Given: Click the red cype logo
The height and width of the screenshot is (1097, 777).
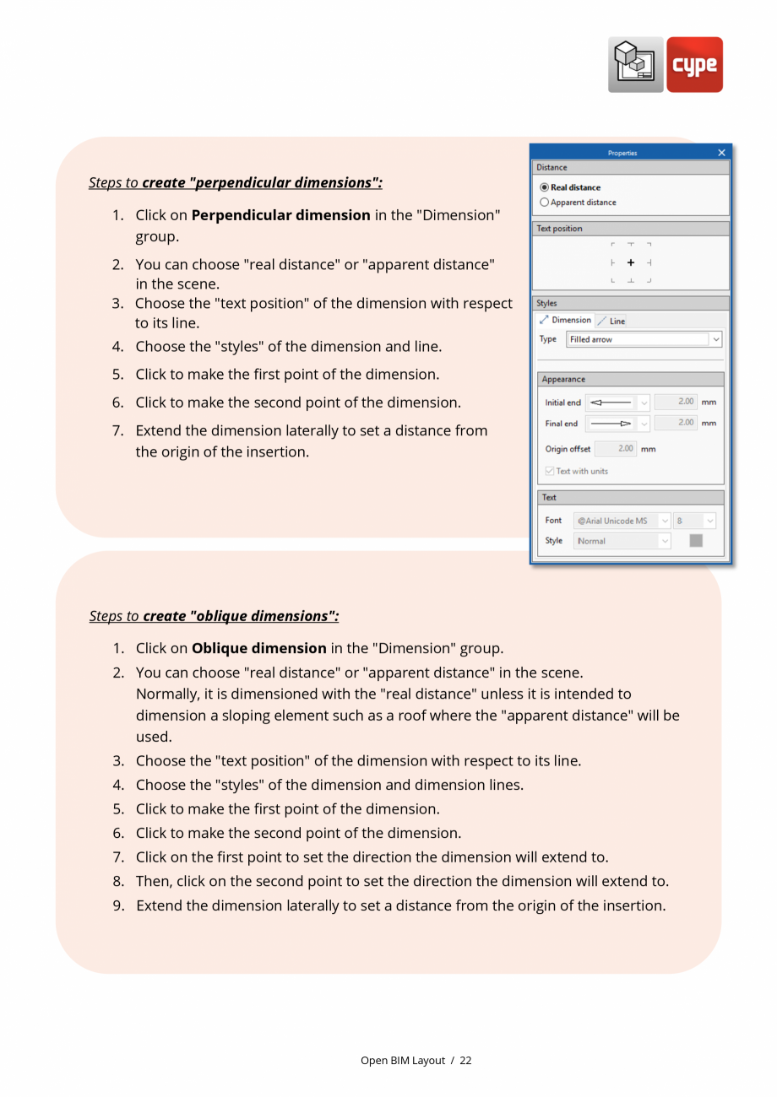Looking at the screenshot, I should (x=694, y=65).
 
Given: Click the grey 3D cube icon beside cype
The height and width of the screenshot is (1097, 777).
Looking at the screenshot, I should (x=635, y=65).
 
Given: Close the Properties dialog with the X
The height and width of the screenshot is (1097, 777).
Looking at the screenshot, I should (x=721, y=153).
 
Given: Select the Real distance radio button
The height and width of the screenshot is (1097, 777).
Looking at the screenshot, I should (x=544, y=187).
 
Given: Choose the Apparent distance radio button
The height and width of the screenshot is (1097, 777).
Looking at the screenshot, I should (x=544, y=203).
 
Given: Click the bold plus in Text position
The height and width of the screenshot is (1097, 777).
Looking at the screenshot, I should (x=631, y=263).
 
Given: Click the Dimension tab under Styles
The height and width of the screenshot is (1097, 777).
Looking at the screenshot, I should (x=566, y=321).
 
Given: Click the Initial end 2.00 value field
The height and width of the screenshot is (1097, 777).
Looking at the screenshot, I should (x=676, y=403).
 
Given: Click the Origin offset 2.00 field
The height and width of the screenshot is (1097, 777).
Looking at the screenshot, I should (x=615, y=449).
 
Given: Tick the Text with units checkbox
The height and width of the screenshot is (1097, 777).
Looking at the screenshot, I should (x=550, y=471).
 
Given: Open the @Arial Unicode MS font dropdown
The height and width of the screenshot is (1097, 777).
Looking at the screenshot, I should (x=664, y=521).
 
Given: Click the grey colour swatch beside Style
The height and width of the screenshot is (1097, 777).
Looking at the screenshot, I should (x=696, y=541).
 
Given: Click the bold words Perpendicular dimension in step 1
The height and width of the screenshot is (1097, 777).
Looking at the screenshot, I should (x=280, y=215).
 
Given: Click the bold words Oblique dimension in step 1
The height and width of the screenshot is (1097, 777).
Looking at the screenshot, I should (x=258, y=648).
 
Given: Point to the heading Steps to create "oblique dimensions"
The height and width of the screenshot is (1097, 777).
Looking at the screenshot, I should (x=214, y=616).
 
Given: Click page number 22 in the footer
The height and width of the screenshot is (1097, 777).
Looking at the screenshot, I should (x=465, y=1061).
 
